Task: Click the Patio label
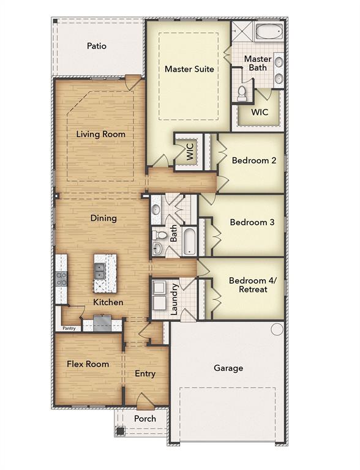pos(96,46)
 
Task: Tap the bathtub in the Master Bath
pos(268,32)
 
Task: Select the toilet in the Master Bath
pos(241,92)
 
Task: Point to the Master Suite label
pos(189,69)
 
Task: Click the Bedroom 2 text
pos(254,160)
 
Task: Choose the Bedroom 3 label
pos(252,222)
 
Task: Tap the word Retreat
pos(252,289)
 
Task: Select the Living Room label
pos(100,134)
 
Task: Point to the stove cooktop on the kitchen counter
pos(61,278)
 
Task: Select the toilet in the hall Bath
pos(160,235)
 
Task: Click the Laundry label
pos(174,299)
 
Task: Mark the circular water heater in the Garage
pos(277,329)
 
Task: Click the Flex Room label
pos(88,364)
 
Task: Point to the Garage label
pos(228,368)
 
